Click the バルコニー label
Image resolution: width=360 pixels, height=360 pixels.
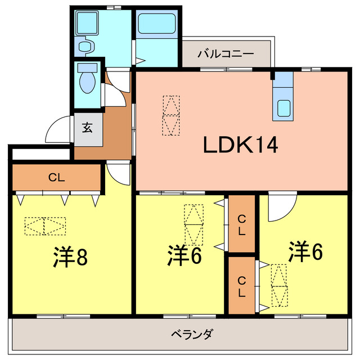(226, 54)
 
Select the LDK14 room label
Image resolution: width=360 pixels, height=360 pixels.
(240, 146)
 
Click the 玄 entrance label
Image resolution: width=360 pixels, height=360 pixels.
(88, 127)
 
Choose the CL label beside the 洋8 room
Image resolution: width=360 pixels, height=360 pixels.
(56, 178)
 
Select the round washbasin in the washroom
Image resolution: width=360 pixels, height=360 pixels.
(85, 46)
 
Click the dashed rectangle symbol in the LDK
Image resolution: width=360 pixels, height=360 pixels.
(172, 115)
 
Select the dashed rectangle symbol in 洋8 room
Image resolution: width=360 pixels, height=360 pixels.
(45, 226)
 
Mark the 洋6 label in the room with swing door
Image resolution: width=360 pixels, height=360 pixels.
(306, 251)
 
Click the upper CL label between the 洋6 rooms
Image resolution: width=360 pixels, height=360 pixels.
(241, 224)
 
